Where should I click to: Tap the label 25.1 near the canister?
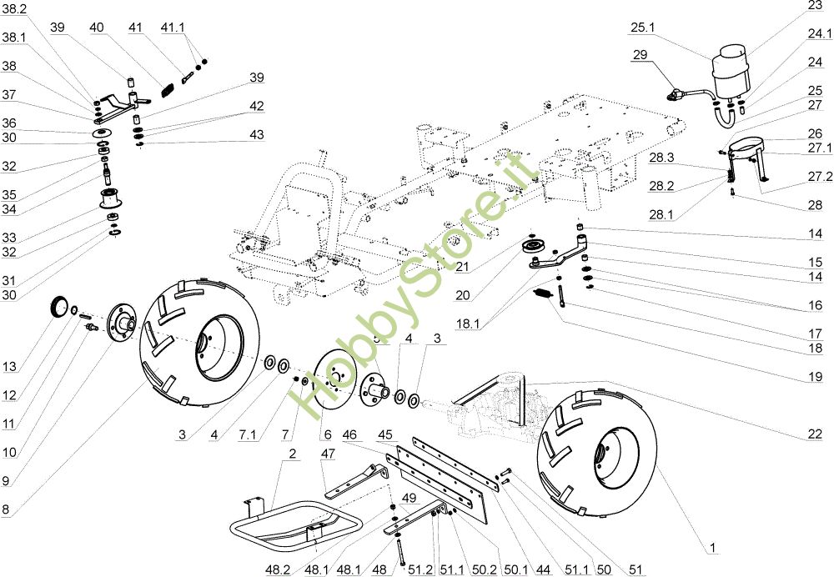point(643,28)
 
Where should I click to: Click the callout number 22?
point(815,434)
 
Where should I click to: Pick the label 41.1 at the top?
point(173,28)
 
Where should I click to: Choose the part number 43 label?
point(256,135)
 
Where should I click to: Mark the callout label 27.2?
point(821,177)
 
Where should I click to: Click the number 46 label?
point(349,434)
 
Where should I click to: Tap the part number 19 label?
point(815,377)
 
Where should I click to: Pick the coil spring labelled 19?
point(544,294)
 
